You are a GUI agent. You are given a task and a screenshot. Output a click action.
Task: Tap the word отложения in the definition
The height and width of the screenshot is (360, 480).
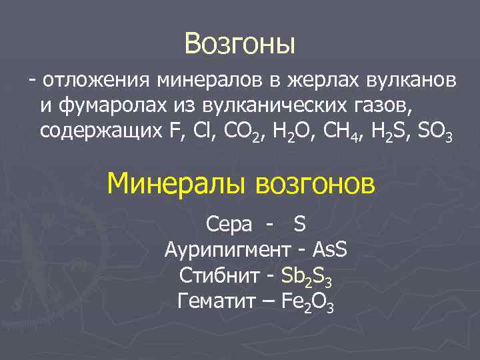point(97,81)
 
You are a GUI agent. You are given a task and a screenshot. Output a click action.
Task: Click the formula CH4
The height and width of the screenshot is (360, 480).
point(339,132)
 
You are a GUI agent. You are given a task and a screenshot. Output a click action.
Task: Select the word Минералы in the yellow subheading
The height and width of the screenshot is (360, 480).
point(176,182)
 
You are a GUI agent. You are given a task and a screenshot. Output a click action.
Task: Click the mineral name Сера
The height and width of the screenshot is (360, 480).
point(229,224)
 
